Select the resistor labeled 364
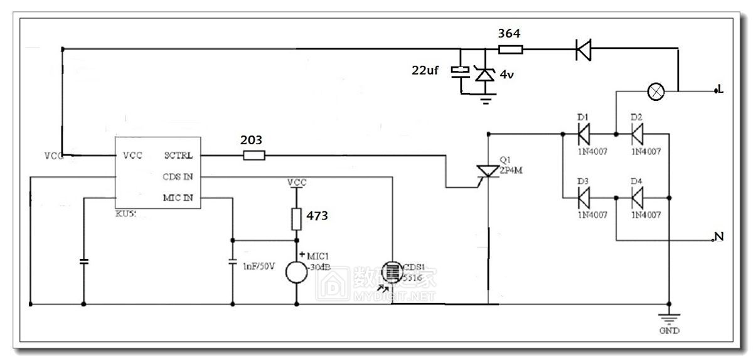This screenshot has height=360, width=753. coord(510,49)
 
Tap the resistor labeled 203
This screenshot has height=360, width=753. coord(254,155)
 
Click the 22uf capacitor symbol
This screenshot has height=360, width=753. coord(461,71)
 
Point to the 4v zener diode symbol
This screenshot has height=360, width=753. coord(483,73)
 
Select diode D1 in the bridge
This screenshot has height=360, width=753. coord(584,133)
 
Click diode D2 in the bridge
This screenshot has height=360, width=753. coord(638,133)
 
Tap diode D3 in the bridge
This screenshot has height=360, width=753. coord(584,198)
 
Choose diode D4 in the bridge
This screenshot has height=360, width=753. coord(638,198)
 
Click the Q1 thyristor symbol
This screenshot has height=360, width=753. coord(487,171)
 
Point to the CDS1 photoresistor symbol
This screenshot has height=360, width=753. coord(392,272)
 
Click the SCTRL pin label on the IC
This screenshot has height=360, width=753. coord(178,155)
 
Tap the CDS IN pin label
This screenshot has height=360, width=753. coord(178,177)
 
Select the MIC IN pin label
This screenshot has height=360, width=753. coord(178,199)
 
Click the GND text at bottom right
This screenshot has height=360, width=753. coord(669,331)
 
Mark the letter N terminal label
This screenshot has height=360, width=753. coord(720,236)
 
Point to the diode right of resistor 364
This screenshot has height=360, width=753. coord(584,50)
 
